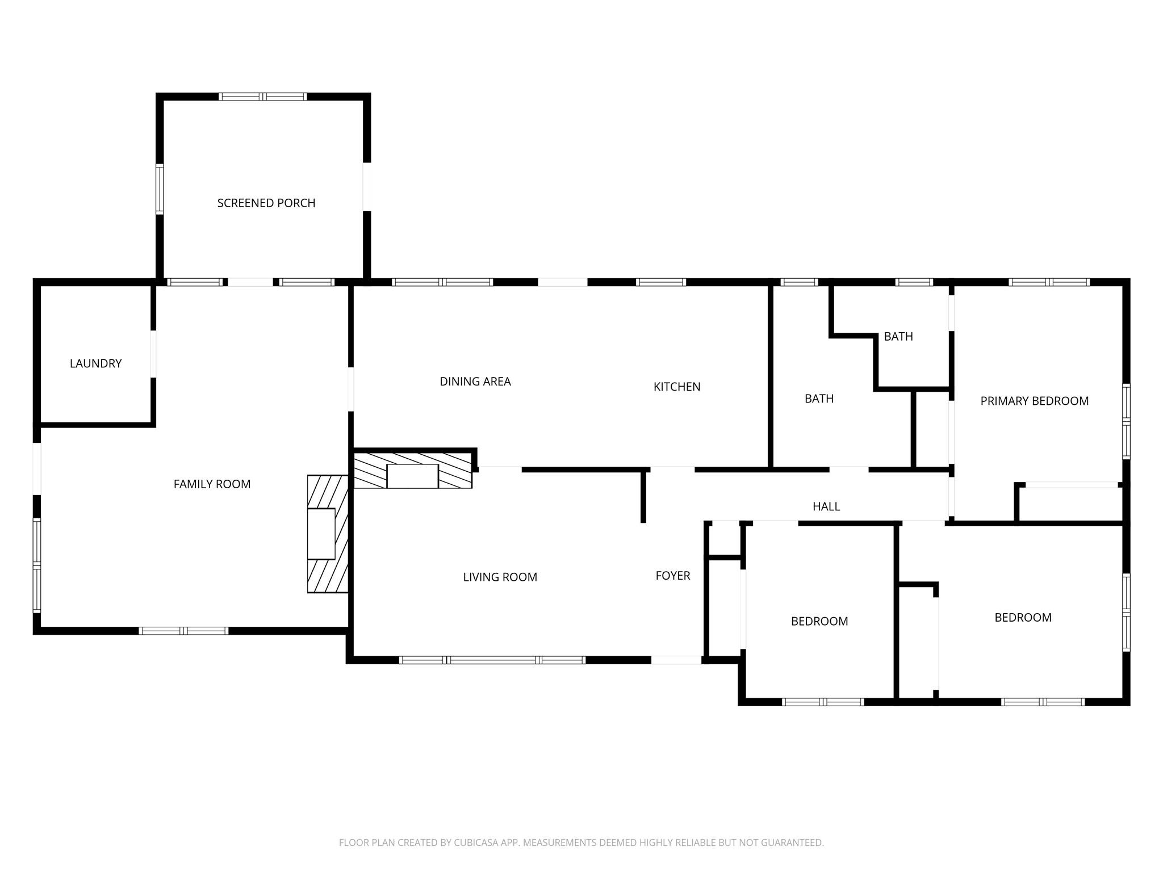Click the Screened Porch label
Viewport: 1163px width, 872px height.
266,203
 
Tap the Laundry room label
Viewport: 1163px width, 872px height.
95,363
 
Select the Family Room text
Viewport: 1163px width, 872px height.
212,484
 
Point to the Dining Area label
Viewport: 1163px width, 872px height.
475,381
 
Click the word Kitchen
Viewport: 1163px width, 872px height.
677,387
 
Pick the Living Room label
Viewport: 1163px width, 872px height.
500,577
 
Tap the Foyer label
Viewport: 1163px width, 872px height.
673,576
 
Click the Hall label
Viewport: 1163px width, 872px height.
826,506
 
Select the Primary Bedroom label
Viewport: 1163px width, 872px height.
1035,401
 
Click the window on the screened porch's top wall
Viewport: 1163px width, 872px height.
263,97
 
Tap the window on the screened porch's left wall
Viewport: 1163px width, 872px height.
160,190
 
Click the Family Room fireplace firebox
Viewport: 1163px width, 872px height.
321,534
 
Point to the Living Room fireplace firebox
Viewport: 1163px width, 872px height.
412,476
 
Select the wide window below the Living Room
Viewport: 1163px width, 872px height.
492,660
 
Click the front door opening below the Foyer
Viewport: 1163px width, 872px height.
676,660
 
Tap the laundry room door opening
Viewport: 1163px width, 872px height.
153,354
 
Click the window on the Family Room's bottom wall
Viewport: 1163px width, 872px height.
183,631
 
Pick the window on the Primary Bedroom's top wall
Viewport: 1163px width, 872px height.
1049,282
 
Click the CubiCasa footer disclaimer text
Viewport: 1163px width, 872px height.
581,842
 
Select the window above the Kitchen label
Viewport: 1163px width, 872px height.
661,282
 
